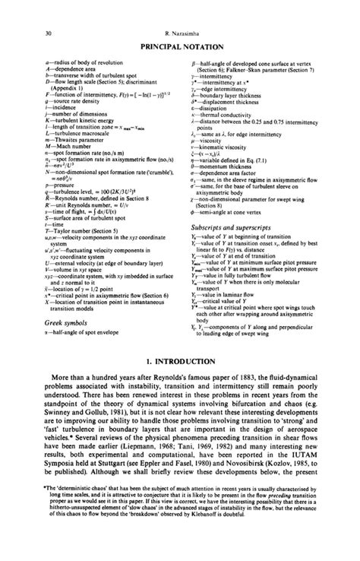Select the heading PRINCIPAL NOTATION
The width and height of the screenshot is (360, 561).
(179, 47)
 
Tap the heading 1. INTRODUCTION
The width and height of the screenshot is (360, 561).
(180, 376)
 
